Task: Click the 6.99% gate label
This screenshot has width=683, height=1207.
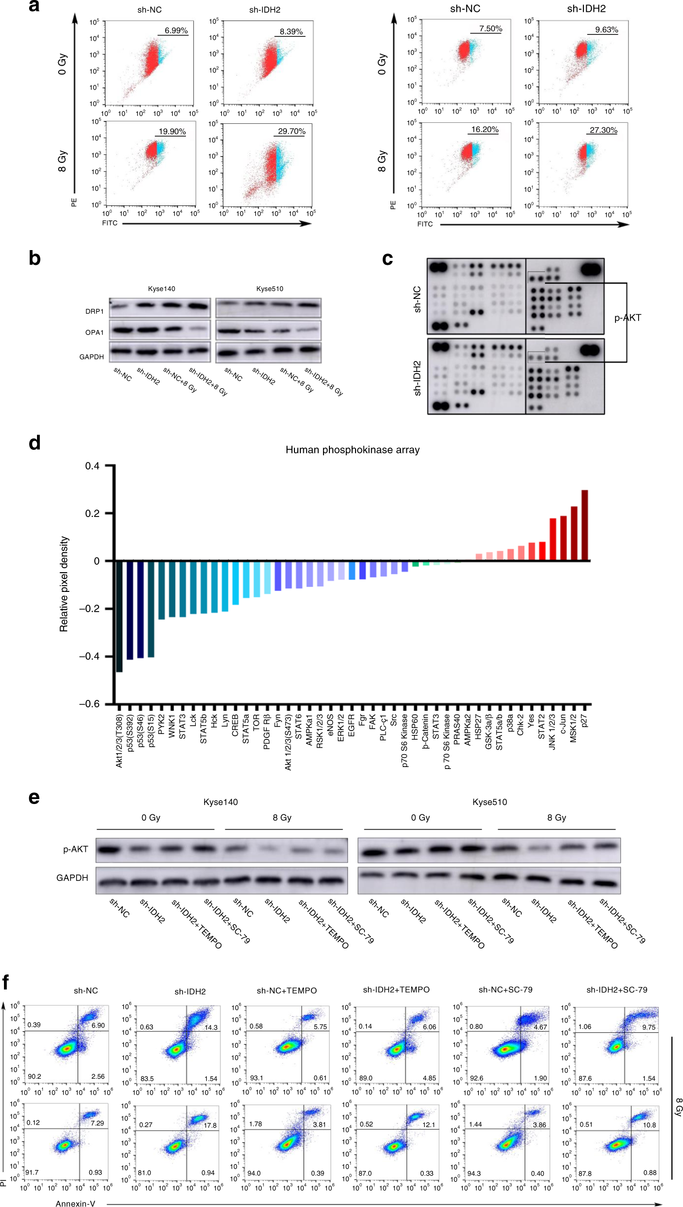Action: tap(176, 31)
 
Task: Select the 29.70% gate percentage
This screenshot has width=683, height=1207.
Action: tap(291, 131)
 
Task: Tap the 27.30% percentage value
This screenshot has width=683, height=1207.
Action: tap(604, 130)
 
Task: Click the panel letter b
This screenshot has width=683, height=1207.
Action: tap(35, 258)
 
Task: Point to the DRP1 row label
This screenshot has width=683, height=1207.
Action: tap(94, 311)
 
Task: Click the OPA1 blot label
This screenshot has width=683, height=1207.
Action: tap(94, 332)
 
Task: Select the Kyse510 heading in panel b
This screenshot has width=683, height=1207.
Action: tap(269, 289)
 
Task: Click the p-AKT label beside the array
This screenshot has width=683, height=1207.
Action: tap(627, 318)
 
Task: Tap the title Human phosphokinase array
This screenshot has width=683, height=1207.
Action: tap(352, 450)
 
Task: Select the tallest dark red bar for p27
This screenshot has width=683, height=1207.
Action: tap(584, 525)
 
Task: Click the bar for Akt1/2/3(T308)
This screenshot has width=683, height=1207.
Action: tap(119, 616)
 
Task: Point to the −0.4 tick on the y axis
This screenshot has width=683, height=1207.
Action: tap(89, 656)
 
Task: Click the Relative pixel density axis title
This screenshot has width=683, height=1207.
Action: tap(64, 584)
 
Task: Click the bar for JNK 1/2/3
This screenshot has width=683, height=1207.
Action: tap(552, 539)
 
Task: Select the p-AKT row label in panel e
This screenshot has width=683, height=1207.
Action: tap(75, 849)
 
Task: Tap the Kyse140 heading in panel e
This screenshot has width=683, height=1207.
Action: tap(220, 802)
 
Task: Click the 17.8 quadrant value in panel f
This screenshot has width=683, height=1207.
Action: tap(210, 1125)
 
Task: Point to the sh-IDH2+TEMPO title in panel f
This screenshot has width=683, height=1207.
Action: tap(396, 989)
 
